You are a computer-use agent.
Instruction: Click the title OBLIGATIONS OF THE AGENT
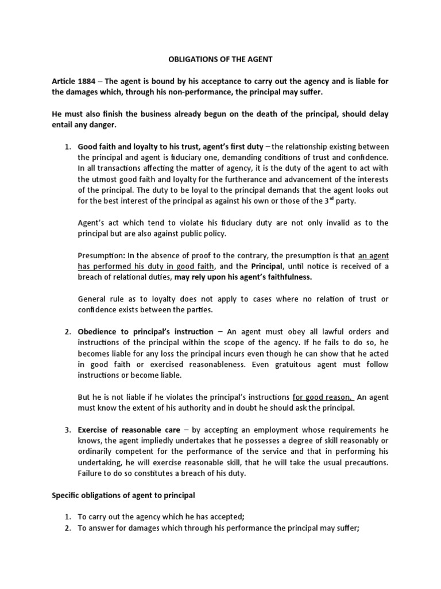220,59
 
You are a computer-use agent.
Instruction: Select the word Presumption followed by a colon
99,255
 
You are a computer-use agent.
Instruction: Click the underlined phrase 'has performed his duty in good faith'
146,266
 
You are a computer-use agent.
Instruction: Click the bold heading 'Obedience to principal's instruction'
145,332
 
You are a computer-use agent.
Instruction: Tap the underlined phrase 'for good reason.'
323,396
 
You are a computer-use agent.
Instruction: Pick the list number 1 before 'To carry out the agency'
67,517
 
